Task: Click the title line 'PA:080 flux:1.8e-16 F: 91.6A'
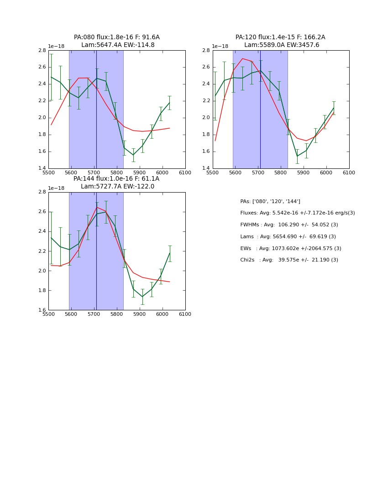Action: tap(117, 37)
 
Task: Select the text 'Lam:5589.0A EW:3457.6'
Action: tap(282, 45)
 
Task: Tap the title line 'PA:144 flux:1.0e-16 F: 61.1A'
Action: tap(116, 179)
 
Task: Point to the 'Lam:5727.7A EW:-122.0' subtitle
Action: tap(118, 187)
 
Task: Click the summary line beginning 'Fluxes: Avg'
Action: tap(297, 213)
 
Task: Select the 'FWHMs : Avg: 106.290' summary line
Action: tap(289, 225)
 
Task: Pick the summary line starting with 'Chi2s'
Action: tap(289, 260)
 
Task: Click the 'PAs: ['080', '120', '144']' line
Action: tap(270, 202)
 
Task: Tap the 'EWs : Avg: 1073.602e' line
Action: tap(290, 249)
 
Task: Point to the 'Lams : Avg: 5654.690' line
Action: tap(288, 237)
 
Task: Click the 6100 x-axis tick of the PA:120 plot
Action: tap(349, 173)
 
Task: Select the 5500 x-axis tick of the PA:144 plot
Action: tap(48, 314)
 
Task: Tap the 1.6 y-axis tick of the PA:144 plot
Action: tap(42, 310)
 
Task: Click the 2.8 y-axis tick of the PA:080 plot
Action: tap(42, 50)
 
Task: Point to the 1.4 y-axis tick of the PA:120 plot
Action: tap(206, 168)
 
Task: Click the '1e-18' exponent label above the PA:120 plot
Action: tap(220, 47)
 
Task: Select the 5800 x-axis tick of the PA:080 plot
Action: tap(117, 173)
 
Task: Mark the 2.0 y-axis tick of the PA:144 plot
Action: tap(42, 271)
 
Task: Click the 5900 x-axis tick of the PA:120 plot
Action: tap(304, 173)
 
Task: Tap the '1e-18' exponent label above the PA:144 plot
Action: tap(56, 188)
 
